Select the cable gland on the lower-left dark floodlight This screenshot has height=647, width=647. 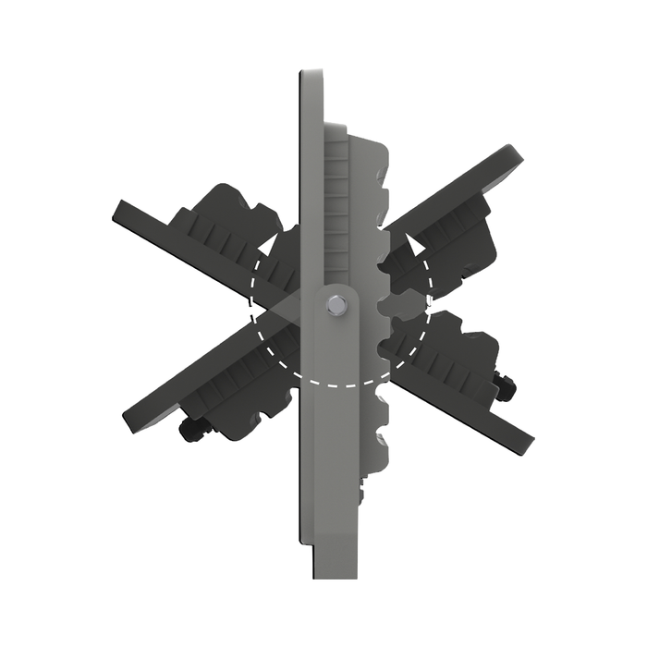192,430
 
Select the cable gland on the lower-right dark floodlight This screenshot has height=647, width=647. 505,387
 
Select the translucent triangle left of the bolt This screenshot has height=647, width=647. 287,310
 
